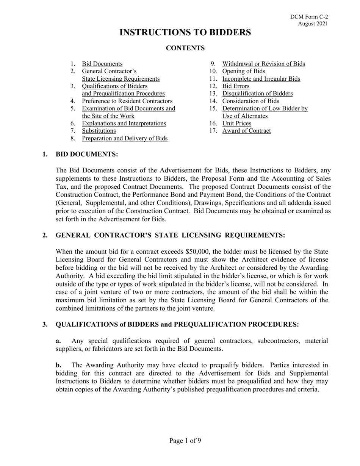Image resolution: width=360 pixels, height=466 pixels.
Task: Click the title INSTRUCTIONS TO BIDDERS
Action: pos(185,33)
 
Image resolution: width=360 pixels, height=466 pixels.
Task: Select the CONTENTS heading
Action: pos(185,48)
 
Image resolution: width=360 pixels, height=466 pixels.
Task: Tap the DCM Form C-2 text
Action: pos(309,17)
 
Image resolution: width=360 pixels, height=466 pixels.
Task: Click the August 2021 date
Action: pos(313,23)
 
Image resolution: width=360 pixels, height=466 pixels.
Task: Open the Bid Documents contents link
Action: pos(102,64)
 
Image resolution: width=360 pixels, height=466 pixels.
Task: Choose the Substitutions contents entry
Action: pos(99,131)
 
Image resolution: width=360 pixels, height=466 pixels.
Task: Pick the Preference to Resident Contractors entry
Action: pos(127,101)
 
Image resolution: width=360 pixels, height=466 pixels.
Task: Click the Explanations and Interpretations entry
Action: pos(124,124)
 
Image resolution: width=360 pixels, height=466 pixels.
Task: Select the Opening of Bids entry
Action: pos(243,71)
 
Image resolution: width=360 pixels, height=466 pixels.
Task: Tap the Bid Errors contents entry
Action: pos(236,86)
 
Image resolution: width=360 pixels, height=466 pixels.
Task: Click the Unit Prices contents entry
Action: pos(236,124)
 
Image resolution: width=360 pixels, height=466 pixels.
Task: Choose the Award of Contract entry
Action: pos(246,131)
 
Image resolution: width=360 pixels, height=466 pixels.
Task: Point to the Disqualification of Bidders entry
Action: pos(257,94)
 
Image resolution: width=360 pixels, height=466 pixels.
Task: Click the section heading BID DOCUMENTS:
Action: pos(87,154)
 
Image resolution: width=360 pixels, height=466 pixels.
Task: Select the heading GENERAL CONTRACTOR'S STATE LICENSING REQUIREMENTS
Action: pos(170,235)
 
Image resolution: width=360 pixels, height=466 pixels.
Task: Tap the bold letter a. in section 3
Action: pos(58,341)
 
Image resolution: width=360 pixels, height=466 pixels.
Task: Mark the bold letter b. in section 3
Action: pos(58,365)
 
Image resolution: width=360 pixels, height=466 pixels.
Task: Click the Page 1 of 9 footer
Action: pos(185,441)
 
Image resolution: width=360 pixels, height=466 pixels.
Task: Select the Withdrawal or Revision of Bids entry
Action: pos(263,64)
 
